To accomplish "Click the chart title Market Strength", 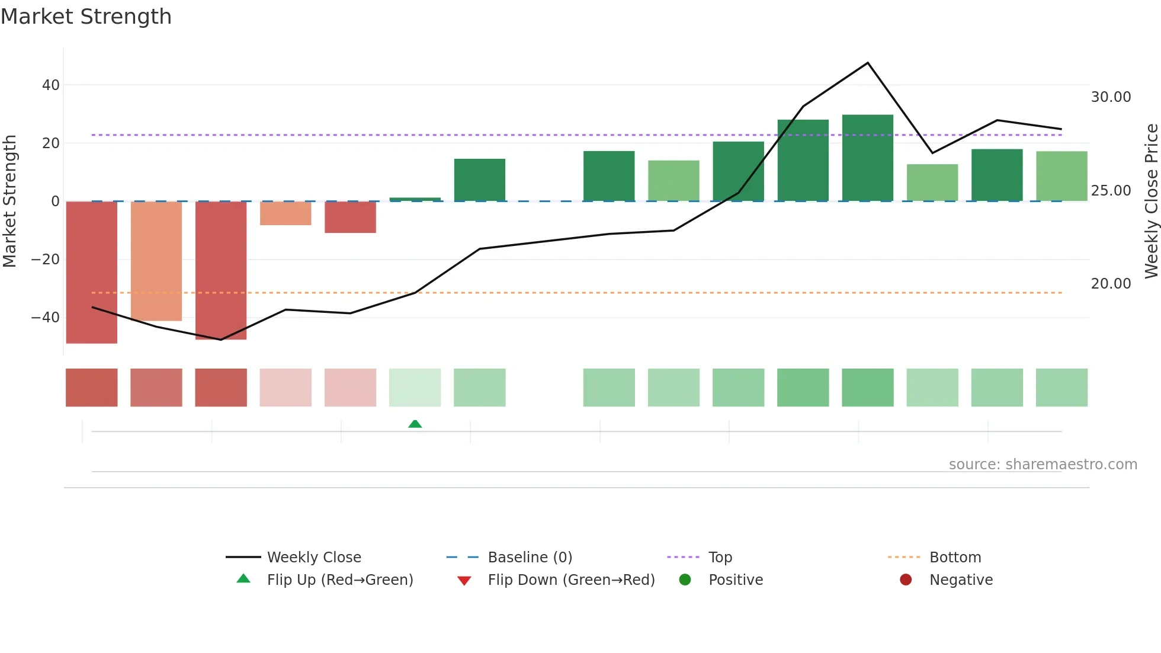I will pos(86,17).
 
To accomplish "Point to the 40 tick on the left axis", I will pos(51,85).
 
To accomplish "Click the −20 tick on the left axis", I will pos(46,260).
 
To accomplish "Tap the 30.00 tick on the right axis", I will pos(1111,97).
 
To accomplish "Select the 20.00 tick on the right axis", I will pos(1111,284).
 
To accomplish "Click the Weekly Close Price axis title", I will pos(1151,201).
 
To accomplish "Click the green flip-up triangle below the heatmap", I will pos(415,424).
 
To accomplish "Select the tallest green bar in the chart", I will pos(867,158).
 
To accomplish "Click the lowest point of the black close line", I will pos(221,340).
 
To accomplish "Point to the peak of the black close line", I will pos(868,63).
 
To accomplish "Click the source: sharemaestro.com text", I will pos(1043,465).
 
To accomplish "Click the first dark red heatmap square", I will pos(91,388).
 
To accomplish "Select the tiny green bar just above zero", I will pos(415,199).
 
